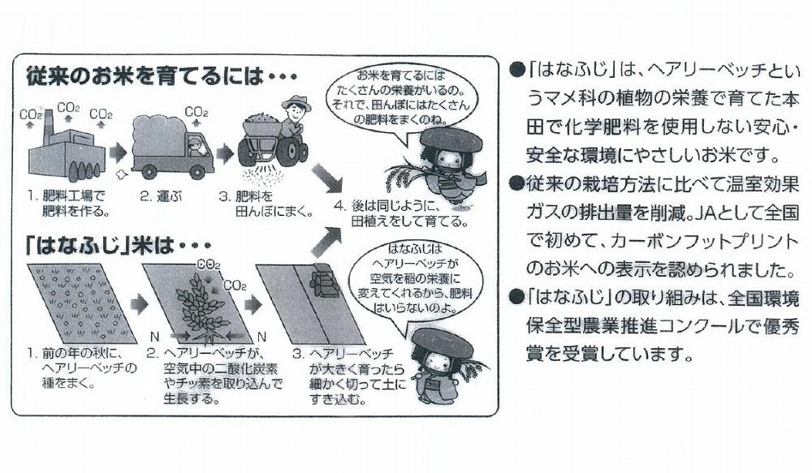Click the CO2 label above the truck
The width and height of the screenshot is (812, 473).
195,112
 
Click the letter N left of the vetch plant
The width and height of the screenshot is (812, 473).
153,335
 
